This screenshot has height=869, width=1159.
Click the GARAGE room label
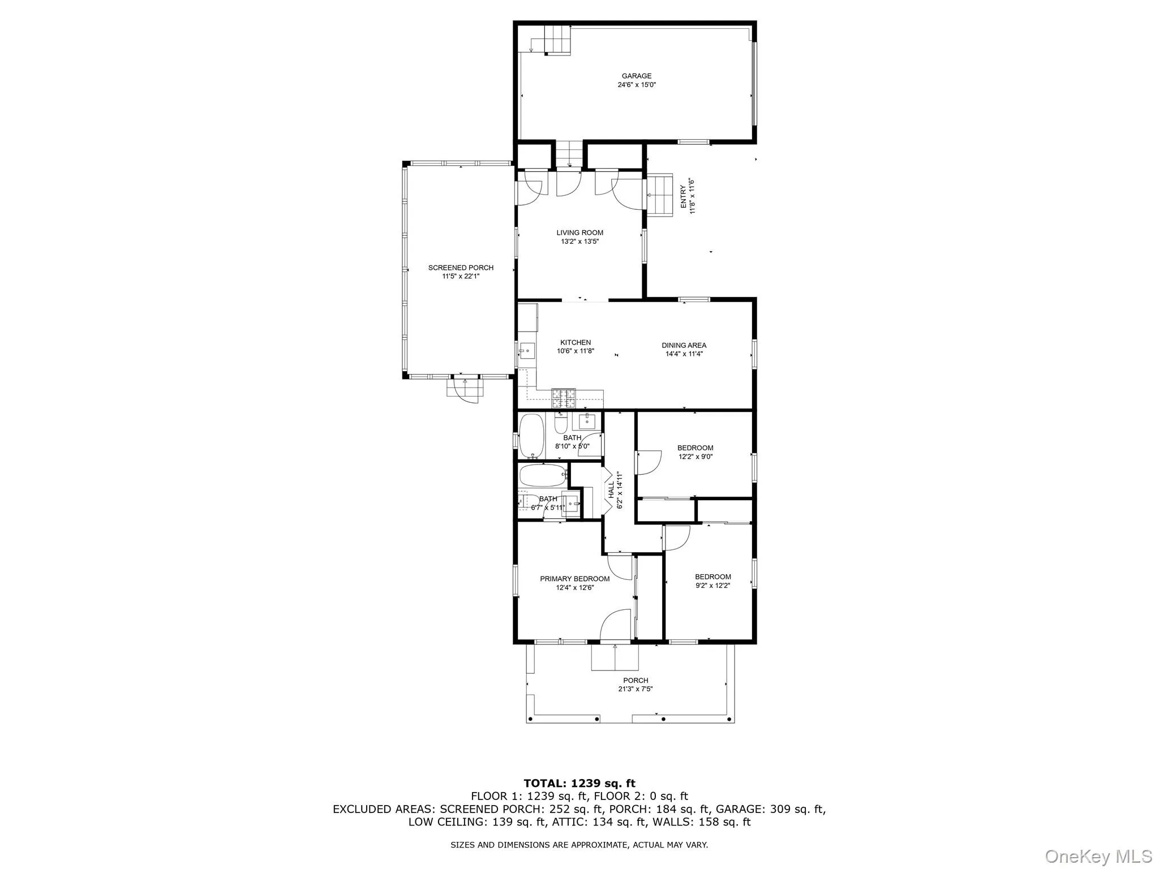[x=636, y=76]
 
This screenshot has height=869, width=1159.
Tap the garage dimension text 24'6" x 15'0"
[x=636, y=85]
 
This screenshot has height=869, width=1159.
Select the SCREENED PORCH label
[x=461, y=268]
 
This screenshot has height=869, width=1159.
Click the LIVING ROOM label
[x=579, y=233]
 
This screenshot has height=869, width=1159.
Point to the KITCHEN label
[x=576, y=342]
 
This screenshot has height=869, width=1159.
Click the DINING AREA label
[x=684, y=345]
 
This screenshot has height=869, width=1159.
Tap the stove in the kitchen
[x=564, y=399]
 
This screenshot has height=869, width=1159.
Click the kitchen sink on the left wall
[x=527, y=352]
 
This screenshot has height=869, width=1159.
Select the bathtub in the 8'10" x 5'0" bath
[x=531, y=436]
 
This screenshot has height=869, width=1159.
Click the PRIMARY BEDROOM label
[x=574, y=579]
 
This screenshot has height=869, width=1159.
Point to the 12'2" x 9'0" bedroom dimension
[x=695, y=457]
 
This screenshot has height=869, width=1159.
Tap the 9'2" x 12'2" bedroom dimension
[x=712, y=586]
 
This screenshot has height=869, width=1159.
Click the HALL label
[x=611, y=490]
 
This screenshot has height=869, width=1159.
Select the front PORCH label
[x=636, y=681]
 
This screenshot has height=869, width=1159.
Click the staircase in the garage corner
[x=557, y=40]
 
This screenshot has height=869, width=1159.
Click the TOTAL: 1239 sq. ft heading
[x=579, y=784]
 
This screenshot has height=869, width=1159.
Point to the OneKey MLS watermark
[x=1098, y=856]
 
